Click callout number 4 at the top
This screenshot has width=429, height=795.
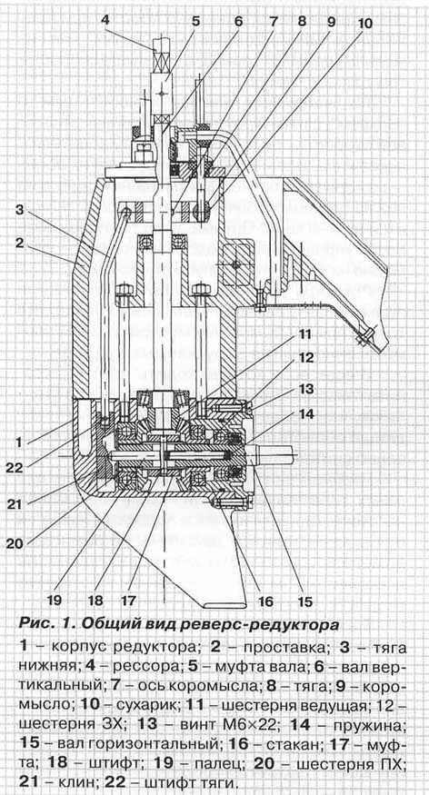click(x=105, y=21)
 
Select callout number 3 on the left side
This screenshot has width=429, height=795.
click(x=20, y=209)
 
